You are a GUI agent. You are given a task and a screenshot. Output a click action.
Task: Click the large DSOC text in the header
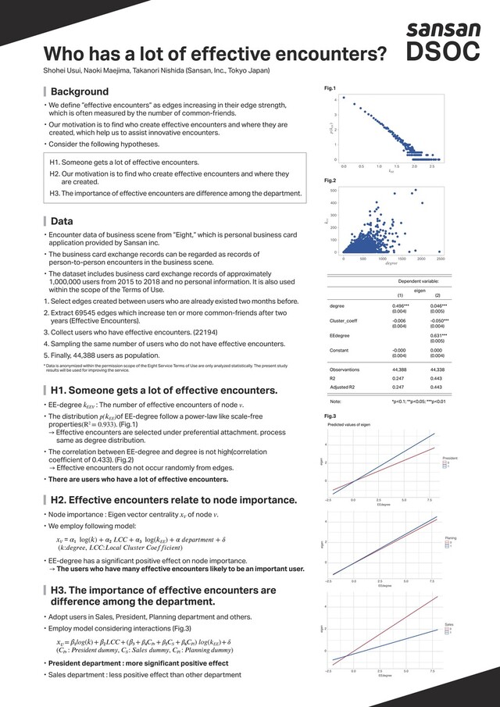(x=443, y=53)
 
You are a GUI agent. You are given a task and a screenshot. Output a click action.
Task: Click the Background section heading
(x=80, y=91)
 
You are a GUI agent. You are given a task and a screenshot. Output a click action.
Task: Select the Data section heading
(x=62, y=221)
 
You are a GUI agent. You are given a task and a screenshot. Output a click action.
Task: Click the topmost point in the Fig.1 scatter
(x=345, y=99)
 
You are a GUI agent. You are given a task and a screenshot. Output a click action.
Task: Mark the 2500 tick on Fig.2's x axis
(x=441, y=258)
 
